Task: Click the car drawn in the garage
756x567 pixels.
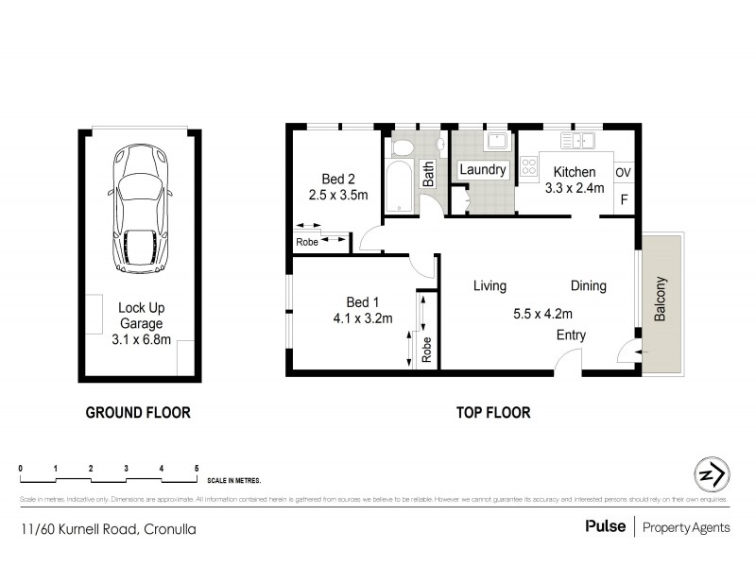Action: (138, 209)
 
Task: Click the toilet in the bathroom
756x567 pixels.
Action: (402, 147)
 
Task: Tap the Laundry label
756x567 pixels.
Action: (483, 170)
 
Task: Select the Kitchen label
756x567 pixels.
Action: (575, 172)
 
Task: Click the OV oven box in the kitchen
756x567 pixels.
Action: (623, 173)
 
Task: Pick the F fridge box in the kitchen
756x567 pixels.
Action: (623, 200)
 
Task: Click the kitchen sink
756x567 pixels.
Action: (577, 142)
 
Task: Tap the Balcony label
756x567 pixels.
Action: (661, 300)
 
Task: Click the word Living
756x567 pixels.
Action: (490, 285)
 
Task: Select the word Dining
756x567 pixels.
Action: (588, 285)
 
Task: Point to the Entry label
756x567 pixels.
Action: (571, 335)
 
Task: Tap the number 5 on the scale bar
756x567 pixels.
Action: (197, 469)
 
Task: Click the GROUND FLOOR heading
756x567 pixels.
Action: (138, 412)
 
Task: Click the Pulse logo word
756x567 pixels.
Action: (605, 527)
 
